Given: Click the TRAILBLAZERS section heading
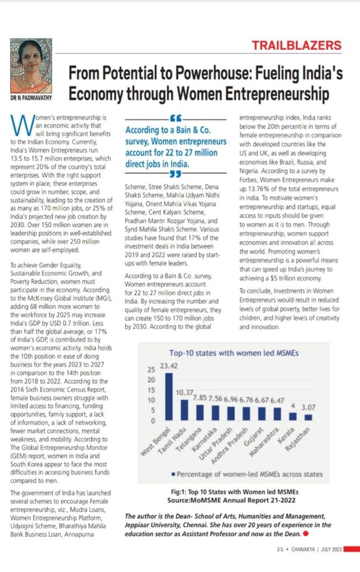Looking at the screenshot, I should (x=305, y=45).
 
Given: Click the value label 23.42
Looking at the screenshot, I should (x=169, y=366).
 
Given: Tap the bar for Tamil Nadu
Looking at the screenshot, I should (x=184, y=409).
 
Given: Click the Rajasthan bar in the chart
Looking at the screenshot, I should (x=308, y=417).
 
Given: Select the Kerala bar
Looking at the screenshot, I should (x=293, y=416).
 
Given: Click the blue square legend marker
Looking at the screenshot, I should (x=174, y=474).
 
